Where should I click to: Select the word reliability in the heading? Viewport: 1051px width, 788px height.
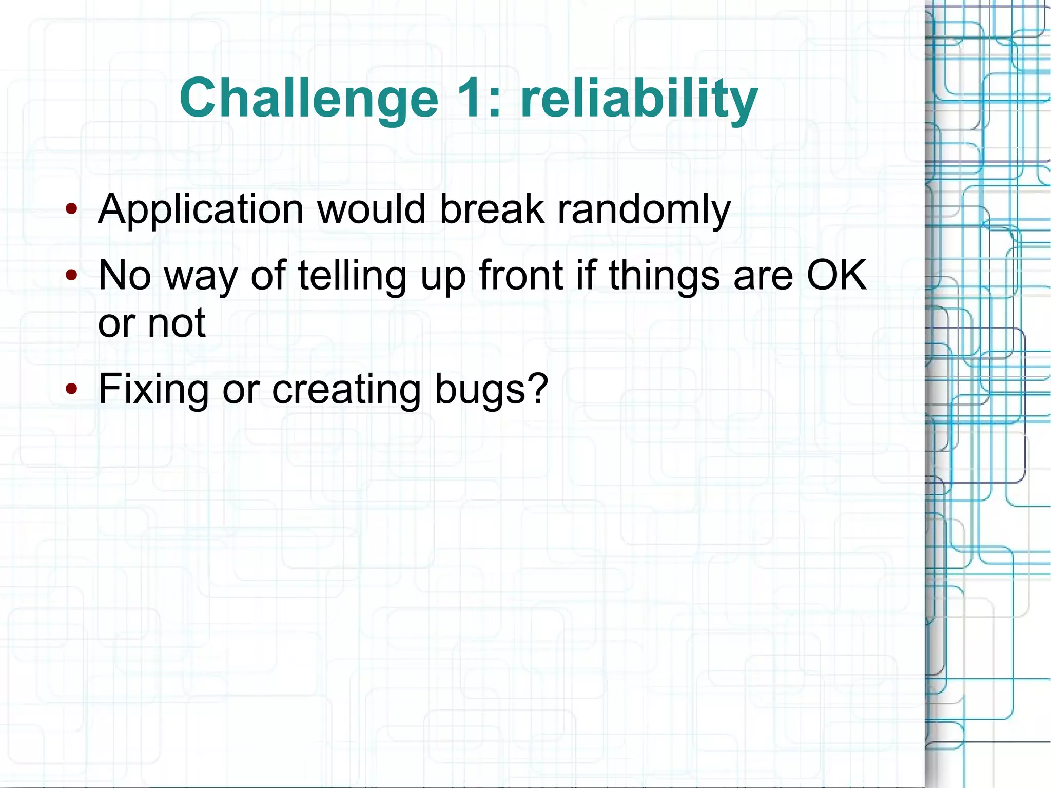(639, 99)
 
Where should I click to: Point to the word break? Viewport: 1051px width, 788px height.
(492, 209)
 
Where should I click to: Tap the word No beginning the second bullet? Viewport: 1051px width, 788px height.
(125, 276)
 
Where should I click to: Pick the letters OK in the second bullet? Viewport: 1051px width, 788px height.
(836, 276)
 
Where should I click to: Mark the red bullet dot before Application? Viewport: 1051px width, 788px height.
(71, 209)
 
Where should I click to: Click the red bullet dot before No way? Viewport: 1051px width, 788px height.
(71, 275)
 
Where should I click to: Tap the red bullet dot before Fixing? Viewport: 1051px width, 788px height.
(71, 389)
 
